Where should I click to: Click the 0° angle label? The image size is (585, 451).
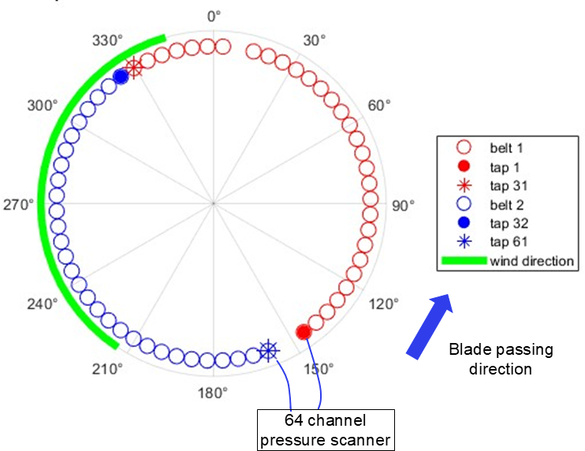(214, 17)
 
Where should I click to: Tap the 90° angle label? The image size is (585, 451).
(404, 206)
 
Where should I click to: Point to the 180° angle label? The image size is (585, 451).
(213, 393)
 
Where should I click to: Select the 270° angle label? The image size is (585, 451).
(19, 205)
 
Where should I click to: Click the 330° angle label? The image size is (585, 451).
(108, 40)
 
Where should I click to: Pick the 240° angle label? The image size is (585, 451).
(43, 304)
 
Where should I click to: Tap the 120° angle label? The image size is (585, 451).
(384, 304)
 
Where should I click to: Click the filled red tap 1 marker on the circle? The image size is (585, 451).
(304, 332)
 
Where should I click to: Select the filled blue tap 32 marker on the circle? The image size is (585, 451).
(121, 76)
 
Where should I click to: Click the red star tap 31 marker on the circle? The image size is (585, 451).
(133, 68)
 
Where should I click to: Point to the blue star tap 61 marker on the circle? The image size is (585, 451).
(268, 351)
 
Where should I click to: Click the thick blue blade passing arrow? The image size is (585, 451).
(430, 326)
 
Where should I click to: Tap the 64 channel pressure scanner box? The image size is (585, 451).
(326, 430)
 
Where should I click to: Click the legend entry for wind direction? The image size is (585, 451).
(508, 261)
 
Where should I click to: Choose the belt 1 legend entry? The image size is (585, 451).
(490, 148)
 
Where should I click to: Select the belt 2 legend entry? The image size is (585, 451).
(490, 204)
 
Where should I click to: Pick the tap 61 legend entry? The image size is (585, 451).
(492, 242)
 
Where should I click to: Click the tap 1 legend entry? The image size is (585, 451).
(488, 166)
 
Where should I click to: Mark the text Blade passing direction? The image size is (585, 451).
(501, 359)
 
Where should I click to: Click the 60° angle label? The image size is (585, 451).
(379, 106)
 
